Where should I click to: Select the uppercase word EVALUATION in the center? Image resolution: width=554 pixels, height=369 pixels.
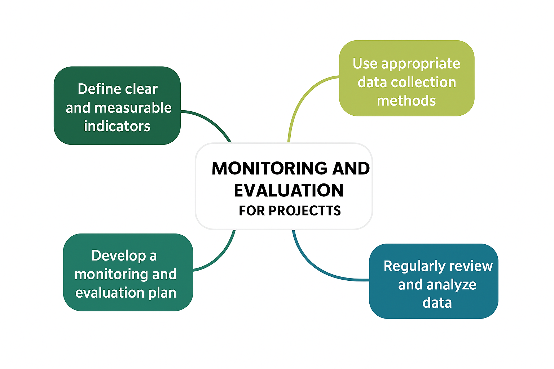289,191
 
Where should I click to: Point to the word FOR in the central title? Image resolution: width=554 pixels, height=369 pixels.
252,211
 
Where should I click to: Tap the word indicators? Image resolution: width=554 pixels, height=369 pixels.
117,126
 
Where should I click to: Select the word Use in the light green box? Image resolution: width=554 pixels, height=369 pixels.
365,64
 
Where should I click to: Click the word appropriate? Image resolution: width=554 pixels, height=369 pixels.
421,64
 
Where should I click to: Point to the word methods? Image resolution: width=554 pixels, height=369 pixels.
406,101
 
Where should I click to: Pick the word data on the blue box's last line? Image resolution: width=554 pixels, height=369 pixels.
437,303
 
